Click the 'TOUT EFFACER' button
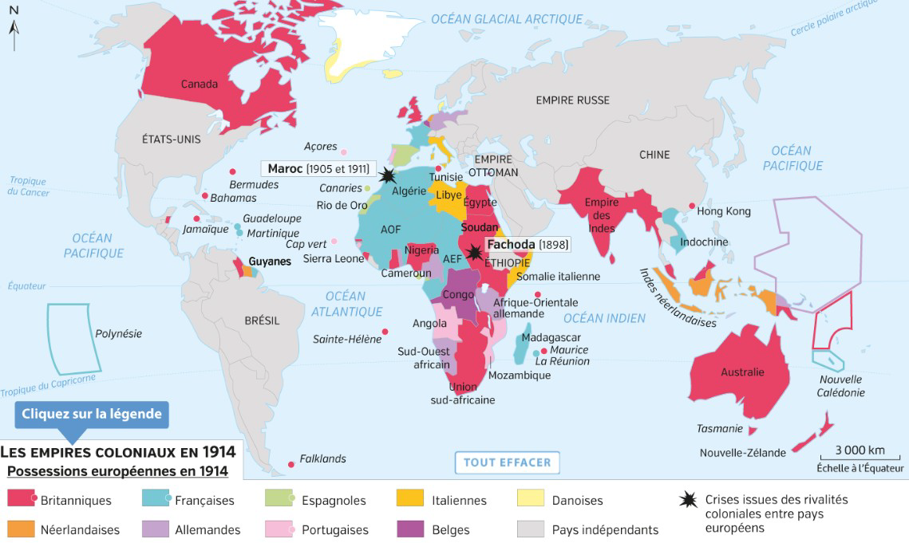click(x=508, y=462)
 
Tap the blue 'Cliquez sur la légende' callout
click(x=92, y=414)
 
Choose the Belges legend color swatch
click(x=410, y=529)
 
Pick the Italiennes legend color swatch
click(x=410, y=500)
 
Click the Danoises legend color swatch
click(x=532, y=500)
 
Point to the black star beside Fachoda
click(x=474, y=253)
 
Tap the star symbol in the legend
click(x=687, y=501)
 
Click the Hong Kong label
click(x=724, y=211)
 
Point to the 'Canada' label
click(x=199, y=84)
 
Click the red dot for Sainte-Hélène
click(x=385, y=332)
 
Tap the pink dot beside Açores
click(x=344, y=151)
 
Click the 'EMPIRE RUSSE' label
click(x=572, y=100)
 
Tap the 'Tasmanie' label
click(x=720, y=429)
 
